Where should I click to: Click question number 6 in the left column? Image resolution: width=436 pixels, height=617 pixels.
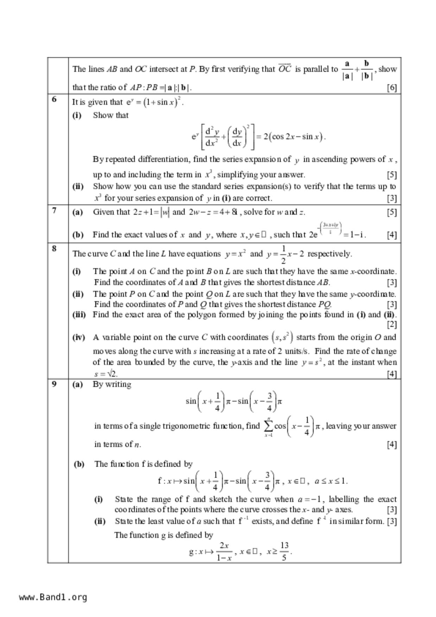click(54, 99)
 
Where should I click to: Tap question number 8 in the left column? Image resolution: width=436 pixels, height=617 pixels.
click(54, 248)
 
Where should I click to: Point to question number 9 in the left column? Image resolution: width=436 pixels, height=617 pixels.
click(54, 384)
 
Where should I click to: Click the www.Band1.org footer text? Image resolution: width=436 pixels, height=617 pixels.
click(53, 597)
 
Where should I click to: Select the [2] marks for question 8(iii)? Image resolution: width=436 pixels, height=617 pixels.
click(392, 324)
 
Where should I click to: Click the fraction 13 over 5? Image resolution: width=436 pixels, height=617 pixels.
click(284, 551)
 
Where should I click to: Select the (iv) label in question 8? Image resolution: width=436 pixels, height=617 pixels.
click(79, 337)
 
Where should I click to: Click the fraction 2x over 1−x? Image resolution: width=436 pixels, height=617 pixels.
click(224, 551)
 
